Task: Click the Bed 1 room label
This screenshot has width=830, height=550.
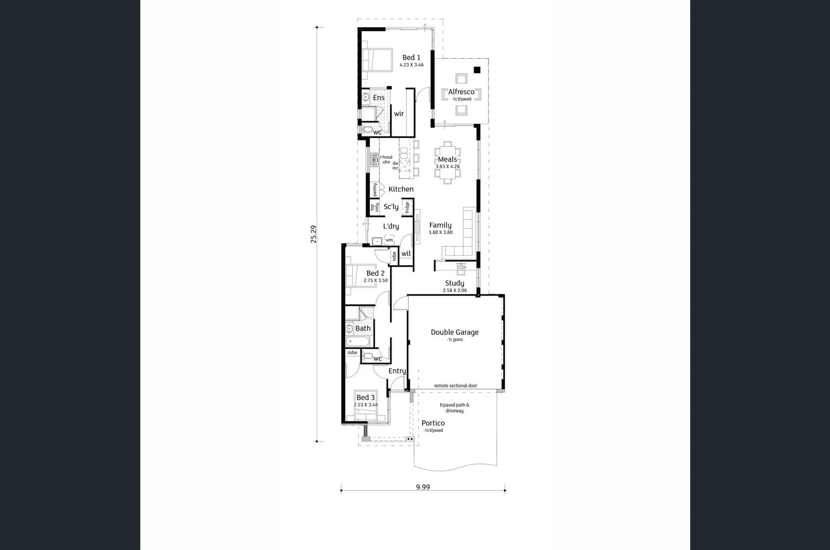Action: [x=411, y=58]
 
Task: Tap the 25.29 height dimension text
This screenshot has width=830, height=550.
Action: [x=314, y=234]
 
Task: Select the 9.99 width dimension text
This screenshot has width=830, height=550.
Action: [x=423, y=487]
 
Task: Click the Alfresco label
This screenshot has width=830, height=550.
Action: [x=461, y=92]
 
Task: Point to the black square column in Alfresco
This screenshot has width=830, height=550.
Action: [x=477, y=70]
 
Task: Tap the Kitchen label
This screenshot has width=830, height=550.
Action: [x=401, y=189]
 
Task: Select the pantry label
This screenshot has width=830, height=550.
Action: [x=375, y=190]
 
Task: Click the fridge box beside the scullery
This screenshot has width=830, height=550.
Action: [x=407, y=207]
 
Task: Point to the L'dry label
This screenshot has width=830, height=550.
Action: [x=391, y=226]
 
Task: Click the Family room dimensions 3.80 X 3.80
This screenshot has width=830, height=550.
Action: [x=440, y=232]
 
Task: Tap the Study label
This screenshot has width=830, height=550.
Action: [x=454, y=283]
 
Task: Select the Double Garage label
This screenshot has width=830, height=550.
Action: [x=455, y=332]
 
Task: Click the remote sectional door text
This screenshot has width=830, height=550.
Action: [x=456, y=386]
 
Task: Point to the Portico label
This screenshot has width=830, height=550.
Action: [x=433, y=423]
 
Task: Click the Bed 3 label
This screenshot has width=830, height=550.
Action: [x=366, y=397]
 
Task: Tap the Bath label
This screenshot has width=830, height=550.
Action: [x=363, y=328]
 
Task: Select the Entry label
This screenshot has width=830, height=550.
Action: [x=397, y=371]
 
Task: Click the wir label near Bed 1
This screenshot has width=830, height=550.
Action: [x=399, y=114]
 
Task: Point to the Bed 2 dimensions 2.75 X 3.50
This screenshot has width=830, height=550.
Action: [x=375, y=281]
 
